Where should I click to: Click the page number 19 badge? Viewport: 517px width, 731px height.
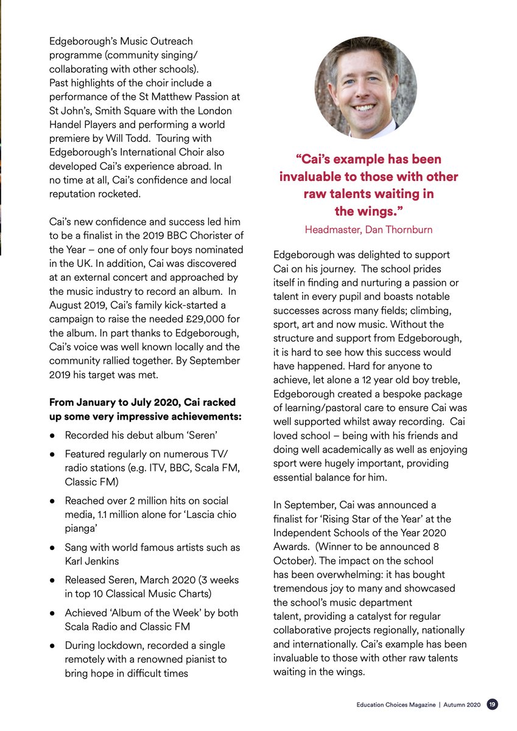[492, 704]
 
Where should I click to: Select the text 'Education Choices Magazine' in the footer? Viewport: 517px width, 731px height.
[396, 705]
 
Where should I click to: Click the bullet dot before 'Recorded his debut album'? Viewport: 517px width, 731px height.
[54, 436]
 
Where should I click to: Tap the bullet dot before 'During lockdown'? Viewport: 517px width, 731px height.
[54, 645]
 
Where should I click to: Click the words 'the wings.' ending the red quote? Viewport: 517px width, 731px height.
[368, 211]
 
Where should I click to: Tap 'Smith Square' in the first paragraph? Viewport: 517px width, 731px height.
[125, 111]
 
